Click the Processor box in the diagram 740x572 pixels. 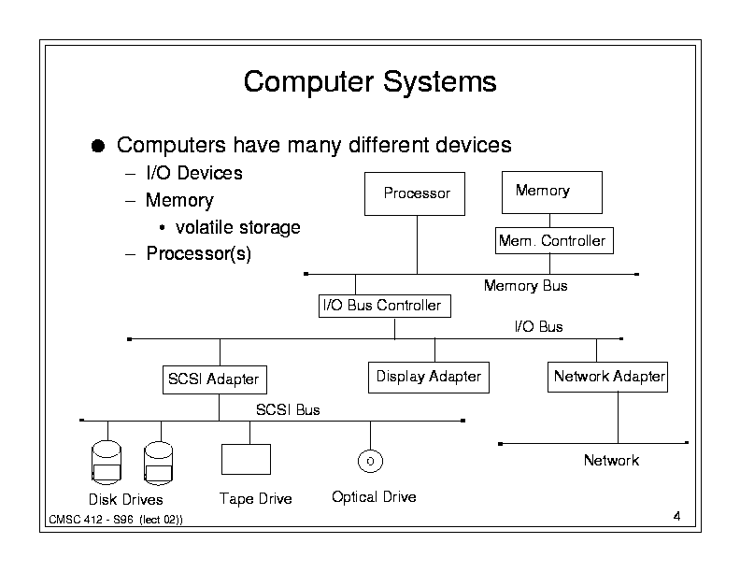pos(414,194)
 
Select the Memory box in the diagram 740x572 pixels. pos(551,193)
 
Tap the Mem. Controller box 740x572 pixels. pos(554,241)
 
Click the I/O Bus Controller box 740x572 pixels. pos(385,306)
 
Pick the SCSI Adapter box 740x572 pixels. pos(215,379)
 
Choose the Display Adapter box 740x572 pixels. pos(429,377)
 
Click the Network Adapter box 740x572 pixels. pos(607,377)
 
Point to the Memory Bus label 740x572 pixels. pos(525,286)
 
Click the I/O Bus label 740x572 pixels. pos(538,326)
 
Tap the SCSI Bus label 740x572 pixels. pos(288,409)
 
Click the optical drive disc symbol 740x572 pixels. pos(370,461)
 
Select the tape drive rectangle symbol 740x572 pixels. pos(246,459)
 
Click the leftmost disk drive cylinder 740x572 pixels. pos(107,463)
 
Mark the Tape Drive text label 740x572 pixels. pos(255,499)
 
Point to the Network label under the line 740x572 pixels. pos(611,460)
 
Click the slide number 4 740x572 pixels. pos(676,516)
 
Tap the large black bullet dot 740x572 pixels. pos(98,146)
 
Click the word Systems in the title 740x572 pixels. pos(439,82)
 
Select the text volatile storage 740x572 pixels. pos(238,227)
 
